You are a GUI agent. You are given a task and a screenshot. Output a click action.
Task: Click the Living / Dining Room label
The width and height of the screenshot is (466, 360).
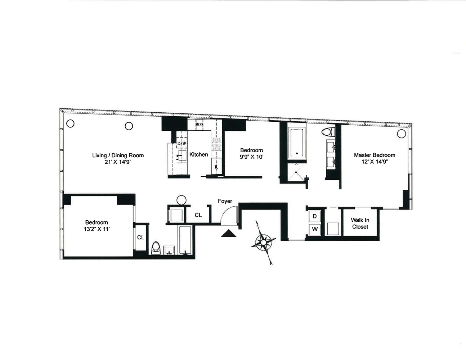point(118,156)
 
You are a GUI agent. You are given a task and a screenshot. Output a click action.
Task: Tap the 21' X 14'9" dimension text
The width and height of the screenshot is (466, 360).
point(118,162)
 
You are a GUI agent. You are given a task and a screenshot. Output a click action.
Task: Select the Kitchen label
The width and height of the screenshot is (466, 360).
point(198,154)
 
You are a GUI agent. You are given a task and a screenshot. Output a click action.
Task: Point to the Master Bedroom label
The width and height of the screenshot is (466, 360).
point(374,155)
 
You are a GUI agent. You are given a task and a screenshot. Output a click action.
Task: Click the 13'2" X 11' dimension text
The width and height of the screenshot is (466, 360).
point(97,229)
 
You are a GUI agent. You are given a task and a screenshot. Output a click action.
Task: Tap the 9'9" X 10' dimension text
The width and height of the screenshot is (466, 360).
point(251,157)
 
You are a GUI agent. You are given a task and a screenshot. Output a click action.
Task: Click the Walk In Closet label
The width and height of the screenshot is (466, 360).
point(360,223)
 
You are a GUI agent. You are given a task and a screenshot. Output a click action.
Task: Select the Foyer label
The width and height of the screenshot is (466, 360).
point(225,201)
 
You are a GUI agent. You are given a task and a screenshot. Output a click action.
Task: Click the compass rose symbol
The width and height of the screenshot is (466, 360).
point(264,242)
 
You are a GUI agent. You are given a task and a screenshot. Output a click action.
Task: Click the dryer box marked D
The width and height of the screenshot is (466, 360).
point(314,216)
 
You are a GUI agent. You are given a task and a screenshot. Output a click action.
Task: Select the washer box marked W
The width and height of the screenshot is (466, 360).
point(314,229)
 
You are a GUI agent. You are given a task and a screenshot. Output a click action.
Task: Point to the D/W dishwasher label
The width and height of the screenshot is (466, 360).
point(182,144)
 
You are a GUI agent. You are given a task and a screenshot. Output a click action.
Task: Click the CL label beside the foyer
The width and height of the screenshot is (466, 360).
point(198,215)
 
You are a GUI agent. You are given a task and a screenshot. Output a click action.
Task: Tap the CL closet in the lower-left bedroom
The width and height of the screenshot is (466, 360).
point(140,238)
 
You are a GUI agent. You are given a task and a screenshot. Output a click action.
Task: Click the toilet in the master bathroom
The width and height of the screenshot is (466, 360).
point(328,132)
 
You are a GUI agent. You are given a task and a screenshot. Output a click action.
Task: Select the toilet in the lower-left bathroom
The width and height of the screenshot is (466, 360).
point(156,248)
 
